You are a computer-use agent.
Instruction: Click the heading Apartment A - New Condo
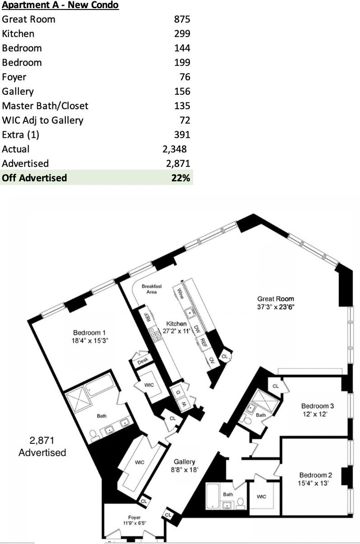tap(60, 5)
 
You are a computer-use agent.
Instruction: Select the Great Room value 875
tap(182, 19)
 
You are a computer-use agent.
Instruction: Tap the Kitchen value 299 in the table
tap(182, 34)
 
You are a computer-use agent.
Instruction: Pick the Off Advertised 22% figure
tap(181, 178)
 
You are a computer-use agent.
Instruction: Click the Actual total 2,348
tap(175, 149)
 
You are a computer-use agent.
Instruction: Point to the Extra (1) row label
tap(20, 135)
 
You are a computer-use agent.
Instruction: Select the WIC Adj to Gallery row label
tap(43, 121)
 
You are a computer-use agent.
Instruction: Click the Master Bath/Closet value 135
tap(182, 106)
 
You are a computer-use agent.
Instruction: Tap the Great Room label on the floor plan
tap(276, 299)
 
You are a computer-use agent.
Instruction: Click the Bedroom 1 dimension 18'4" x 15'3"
tap(90, 340)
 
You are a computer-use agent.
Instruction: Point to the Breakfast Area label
tap(151, 289)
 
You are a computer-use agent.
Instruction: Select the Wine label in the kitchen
tap(180, 293)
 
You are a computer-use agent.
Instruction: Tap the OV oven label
tap(212, 360)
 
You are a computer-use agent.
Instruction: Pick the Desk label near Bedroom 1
tap(142, 361)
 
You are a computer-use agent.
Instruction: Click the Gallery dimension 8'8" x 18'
tap(185, 470)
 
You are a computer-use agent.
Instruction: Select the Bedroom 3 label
tap(317, 406)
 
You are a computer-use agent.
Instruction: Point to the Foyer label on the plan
tap(134, 517)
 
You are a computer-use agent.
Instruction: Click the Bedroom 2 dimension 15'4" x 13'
tap(313, 483)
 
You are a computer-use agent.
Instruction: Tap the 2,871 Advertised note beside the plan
tap(42, 447)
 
